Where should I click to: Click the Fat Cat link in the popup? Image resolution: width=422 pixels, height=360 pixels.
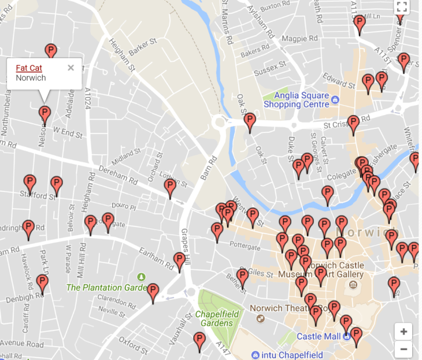pos(29,68)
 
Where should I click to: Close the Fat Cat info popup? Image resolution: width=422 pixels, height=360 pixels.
pos(71,68)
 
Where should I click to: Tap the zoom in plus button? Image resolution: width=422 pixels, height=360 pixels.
pos(404,332)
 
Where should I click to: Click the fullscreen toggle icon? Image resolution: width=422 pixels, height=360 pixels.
pos(402,7)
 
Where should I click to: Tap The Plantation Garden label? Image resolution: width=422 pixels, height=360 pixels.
pos(102,287)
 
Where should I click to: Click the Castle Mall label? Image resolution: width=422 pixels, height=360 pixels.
pos(318,336)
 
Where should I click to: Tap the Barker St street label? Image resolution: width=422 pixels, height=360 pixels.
pos(143,47)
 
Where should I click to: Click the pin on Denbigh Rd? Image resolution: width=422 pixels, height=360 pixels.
pos(42,283)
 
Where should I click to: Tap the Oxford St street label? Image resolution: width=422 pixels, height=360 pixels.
pos(134,344)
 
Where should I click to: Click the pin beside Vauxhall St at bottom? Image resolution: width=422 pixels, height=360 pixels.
pos(199,340)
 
